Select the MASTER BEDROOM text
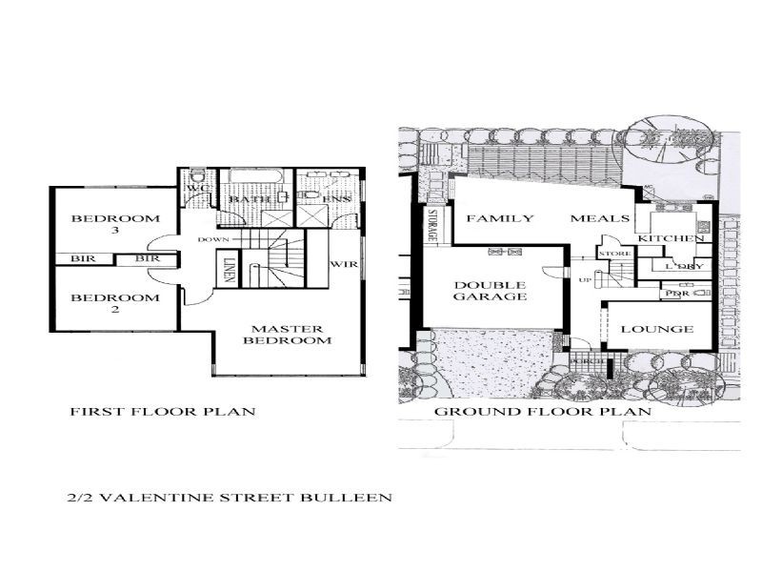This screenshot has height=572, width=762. point(287,333)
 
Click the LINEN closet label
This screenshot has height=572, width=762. point(229,267)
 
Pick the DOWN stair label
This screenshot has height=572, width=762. point(211,239)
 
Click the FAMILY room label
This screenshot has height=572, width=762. point(499,218)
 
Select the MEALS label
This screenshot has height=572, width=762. point(599,218)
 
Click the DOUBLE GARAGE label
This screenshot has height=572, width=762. point(491,290)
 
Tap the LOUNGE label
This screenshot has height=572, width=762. point(656,329)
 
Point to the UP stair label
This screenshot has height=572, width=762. point(582,277)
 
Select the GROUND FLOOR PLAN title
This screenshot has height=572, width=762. point(542,412)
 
